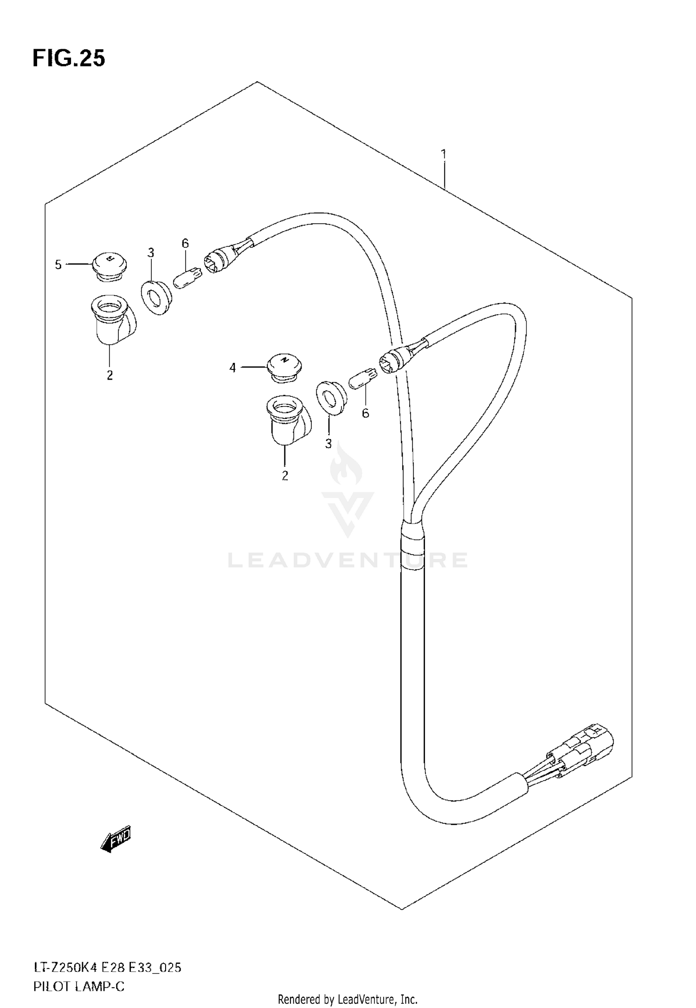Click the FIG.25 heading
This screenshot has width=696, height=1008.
pyautogui.click(x=69, y=59)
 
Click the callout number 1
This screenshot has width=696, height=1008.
pyautogui.click(x=444, y=154)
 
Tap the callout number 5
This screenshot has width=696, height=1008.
pyautogui.click(x=58, y=265)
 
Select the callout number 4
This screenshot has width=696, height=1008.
pyautogui.click(x=232, y=368)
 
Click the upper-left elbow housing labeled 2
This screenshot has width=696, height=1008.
pyautogui.click(x=112, y=320)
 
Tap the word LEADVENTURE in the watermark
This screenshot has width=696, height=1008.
pyautogui.click(x=348, y=560)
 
